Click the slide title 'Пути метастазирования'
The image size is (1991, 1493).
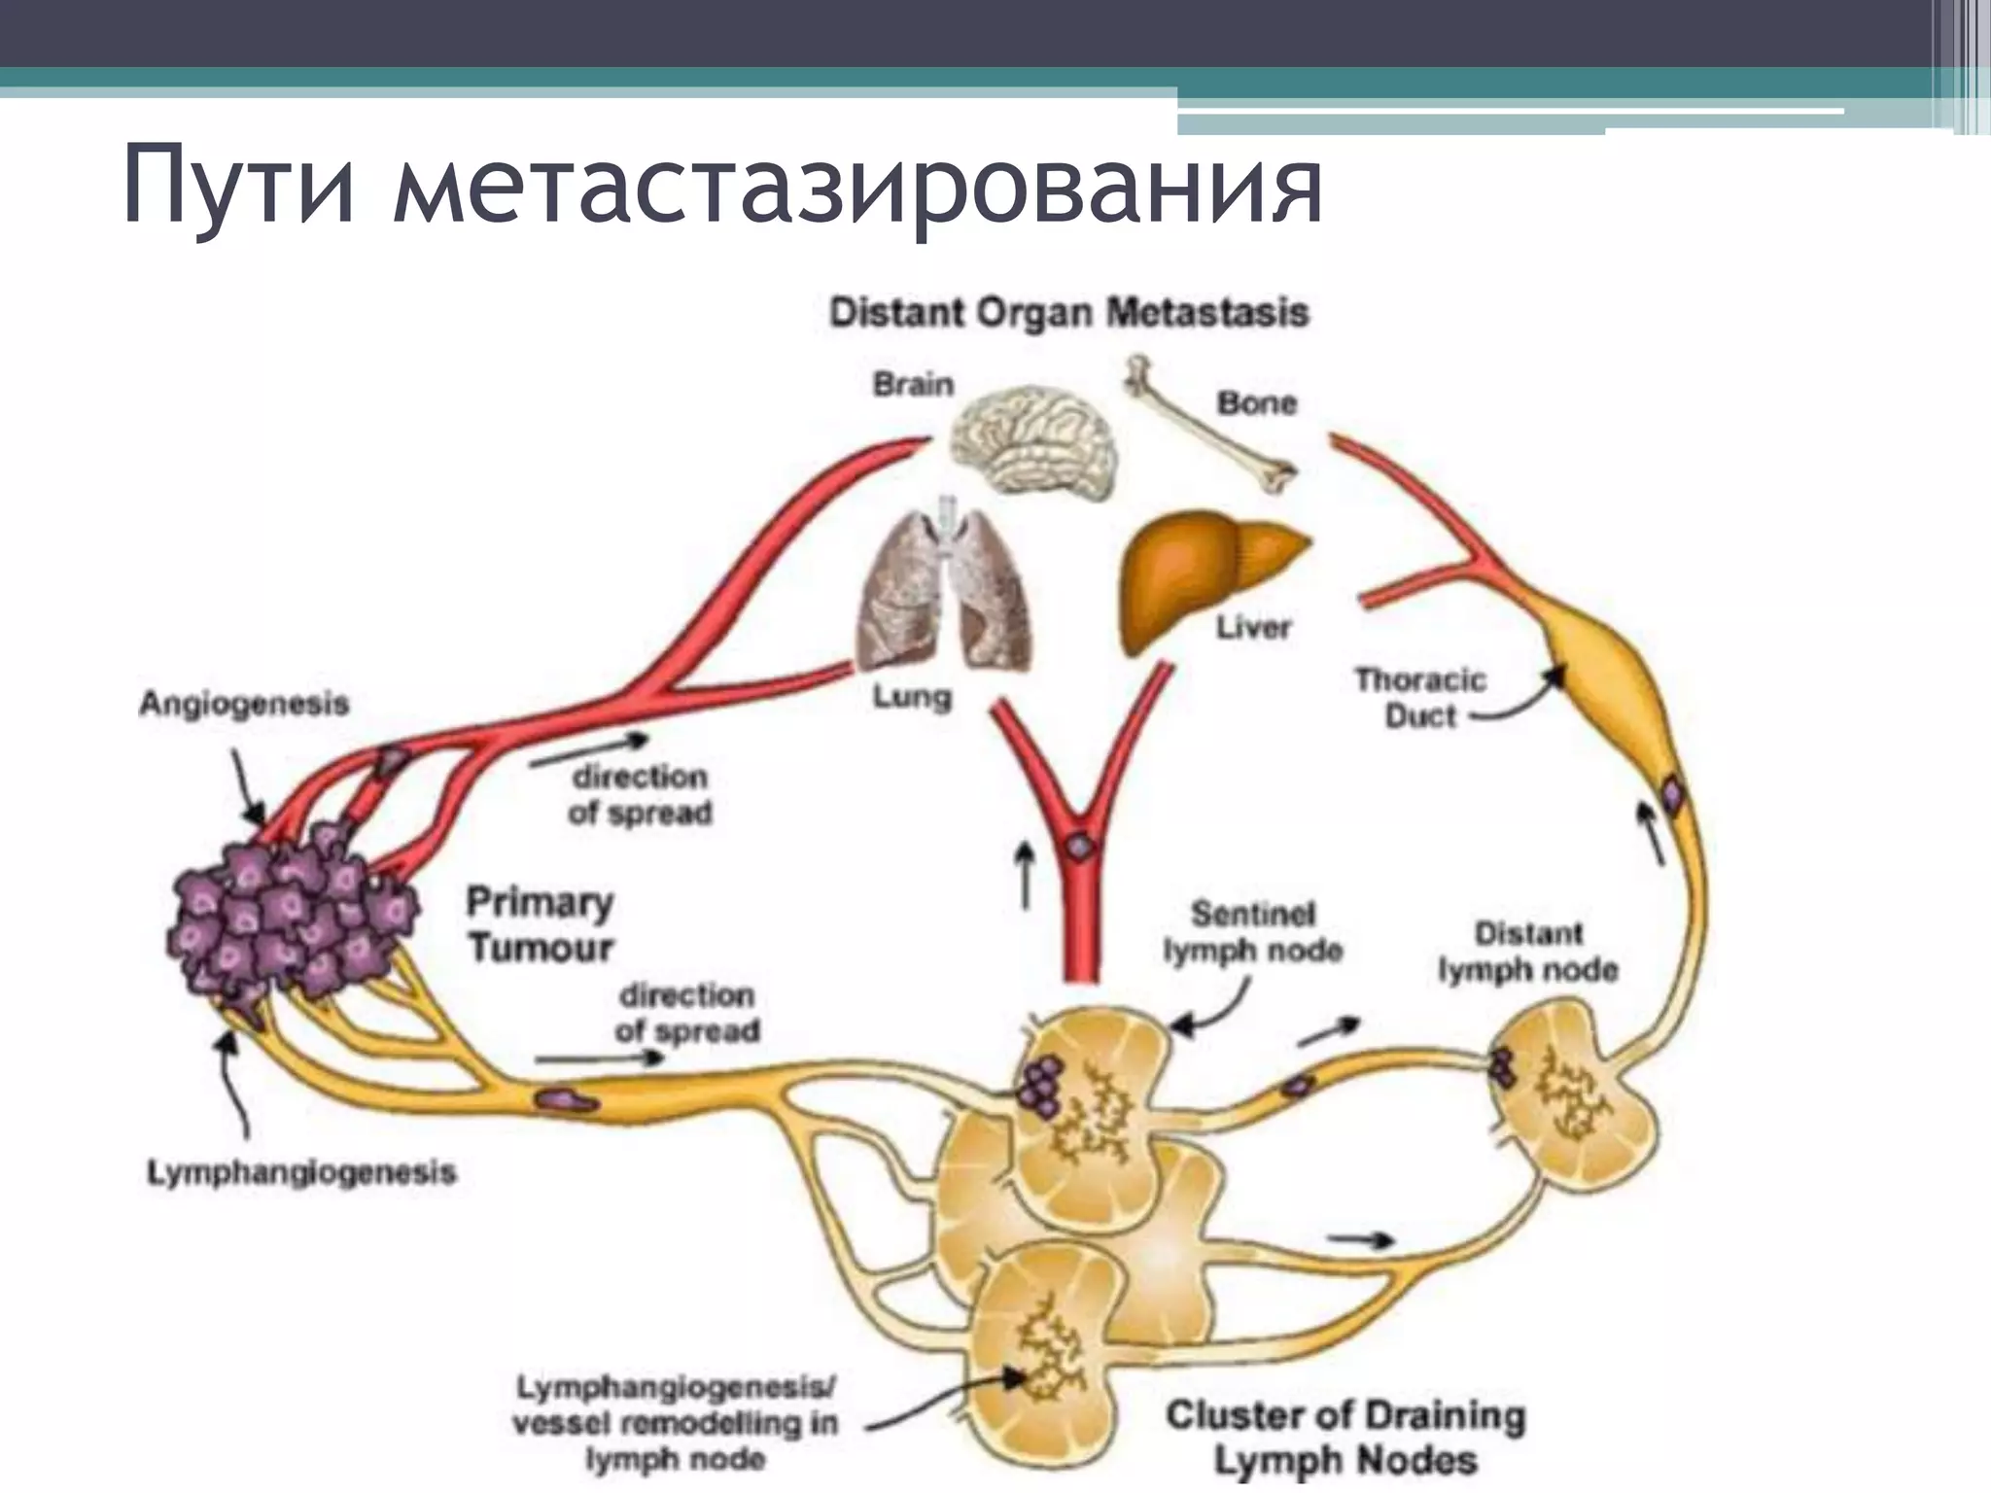pos(721,185)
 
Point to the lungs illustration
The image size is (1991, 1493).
pos(944,589)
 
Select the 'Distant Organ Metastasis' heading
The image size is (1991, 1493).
pos(1068,313)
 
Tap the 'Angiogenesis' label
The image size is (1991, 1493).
pos(243,703)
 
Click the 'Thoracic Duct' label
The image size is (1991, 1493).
pos(1419,697)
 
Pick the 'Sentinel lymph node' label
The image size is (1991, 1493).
pos(1252,931)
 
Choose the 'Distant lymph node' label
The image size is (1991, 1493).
pos(1527,951)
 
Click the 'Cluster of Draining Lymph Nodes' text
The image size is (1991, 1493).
pos(1345,1437)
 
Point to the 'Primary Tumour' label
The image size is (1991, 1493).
pos(540,923)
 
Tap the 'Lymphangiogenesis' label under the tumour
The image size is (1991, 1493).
pos(301,1172)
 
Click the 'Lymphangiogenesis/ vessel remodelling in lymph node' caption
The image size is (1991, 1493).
pos(675,1422)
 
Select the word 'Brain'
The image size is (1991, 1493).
pos(912,384)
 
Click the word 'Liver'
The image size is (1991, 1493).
pos(1253,627)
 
